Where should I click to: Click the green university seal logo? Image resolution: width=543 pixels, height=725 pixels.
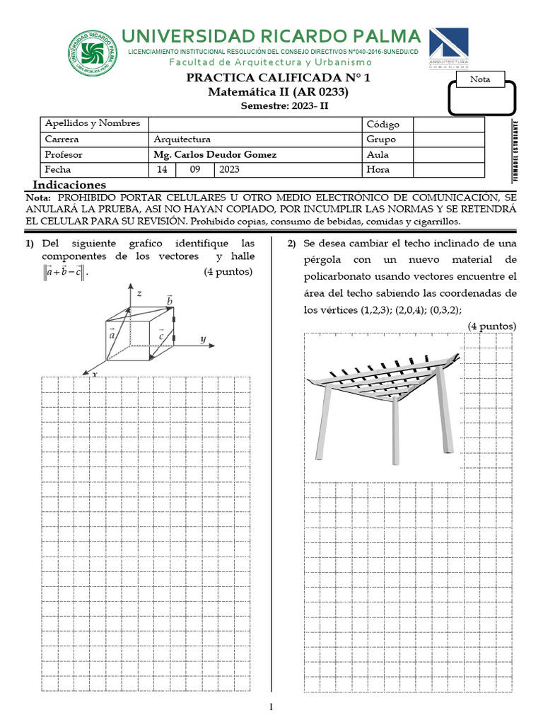point(93,52)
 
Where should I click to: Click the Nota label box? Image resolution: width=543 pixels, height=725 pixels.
point(480,79)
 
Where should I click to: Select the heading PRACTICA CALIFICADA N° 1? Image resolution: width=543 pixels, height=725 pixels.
point(279,79)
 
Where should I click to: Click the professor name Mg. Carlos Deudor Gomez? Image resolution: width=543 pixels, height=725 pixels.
point(215,154)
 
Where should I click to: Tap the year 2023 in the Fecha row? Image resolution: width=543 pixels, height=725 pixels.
point(230,169)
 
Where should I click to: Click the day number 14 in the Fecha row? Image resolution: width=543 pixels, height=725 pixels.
point(163,169)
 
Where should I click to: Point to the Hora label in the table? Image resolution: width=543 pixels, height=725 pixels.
point(378,169)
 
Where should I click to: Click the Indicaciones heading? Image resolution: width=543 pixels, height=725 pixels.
point(74,185)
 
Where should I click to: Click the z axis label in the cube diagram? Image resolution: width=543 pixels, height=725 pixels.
point(140,292)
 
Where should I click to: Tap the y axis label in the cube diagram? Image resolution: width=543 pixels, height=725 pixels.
point(203,339)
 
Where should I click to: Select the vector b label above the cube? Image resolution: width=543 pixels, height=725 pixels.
point(169,301)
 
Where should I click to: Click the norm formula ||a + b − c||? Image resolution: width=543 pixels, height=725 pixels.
point(64,272)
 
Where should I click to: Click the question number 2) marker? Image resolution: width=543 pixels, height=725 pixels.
point(291,244)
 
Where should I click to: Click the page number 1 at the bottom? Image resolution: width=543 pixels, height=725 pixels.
point(271,707)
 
